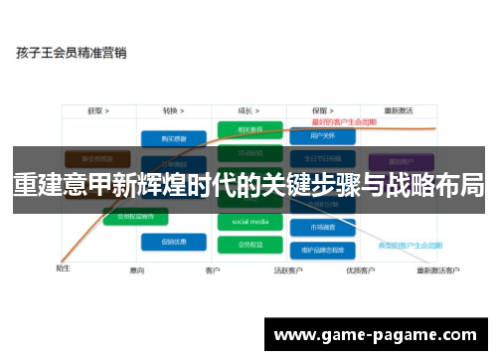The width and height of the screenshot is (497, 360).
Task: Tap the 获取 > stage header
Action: tap(97, 110)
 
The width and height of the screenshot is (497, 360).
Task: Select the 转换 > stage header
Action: tap(176, 110)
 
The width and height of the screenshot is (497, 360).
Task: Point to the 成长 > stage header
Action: tap(249, 110)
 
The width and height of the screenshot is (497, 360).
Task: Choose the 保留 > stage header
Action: tap(320, 110)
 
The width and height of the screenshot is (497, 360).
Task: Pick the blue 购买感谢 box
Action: tap(173, 138)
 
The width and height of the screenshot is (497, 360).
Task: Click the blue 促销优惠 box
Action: tap(173, 241)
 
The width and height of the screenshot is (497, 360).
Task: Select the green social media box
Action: tap(249, 221)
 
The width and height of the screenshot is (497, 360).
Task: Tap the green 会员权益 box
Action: tap(249, 242)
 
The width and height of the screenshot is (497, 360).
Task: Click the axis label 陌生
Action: tap(62, 268)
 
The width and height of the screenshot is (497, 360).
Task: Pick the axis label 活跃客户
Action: tap(288, 270)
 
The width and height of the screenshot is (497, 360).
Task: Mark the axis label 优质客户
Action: tap(360, 270)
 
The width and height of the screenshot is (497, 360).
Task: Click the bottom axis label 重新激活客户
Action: tap(437, 270)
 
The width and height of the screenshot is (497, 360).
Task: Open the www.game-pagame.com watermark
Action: tap(378, 335)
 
